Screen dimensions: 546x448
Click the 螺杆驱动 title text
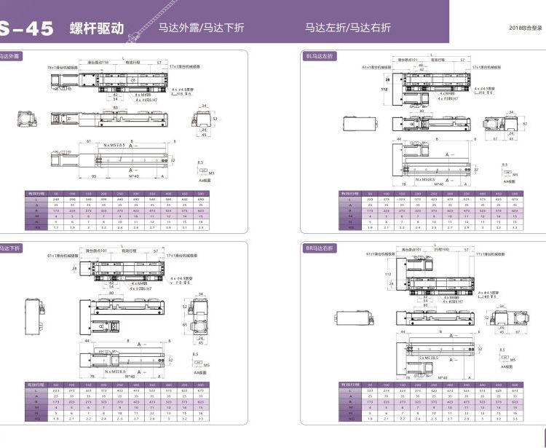pyautogui.click(x=96, y=28)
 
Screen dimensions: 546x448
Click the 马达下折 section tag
pyautogui.click(x=10, y=248)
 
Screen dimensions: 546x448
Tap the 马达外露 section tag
pyautogui.click(x=10, y=55)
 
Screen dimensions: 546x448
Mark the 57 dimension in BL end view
pyautogui.click(x=495, y=138)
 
